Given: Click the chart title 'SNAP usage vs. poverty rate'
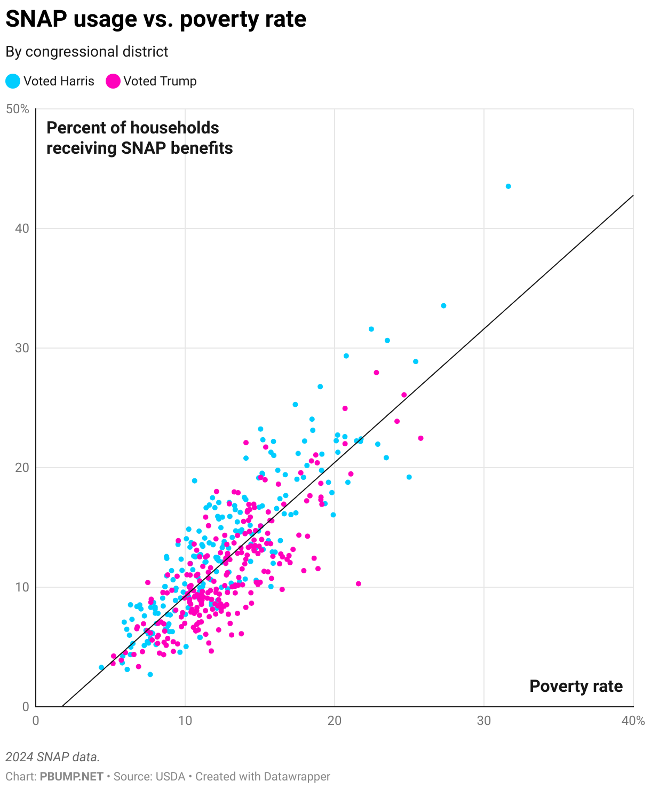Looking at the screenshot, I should pos(156,20).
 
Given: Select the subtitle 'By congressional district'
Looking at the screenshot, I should pos(86,52).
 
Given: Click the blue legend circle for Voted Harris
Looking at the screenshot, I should pos(13,81).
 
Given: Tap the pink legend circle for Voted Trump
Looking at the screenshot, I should pos(113,81).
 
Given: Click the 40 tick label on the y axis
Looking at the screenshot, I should pos(21,228).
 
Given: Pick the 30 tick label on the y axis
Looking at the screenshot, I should pos(21,348).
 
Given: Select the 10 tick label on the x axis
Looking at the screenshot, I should pos(185,720).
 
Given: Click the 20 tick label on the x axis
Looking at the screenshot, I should pos(334,720).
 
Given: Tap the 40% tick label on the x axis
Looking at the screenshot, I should pos(633,720).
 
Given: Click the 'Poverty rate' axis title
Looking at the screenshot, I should pos(576,686).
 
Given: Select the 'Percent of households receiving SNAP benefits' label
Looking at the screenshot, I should pos(139,138).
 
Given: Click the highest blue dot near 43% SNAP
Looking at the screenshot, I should pos(508,186).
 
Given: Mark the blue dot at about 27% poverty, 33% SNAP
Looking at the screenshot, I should pos(443,306).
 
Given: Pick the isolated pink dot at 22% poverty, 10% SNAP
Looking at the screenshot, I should pos(358,583).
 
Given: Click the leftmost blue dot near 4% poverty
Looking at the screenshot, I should pos(101,667).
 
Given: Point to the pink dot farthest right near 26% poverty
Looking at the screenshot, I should pos(420,438).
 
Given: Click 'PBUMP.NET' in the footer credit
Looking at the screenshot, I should pos(72,777).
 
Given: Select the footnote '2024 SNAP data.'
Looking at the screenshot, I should pos(53,757).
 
